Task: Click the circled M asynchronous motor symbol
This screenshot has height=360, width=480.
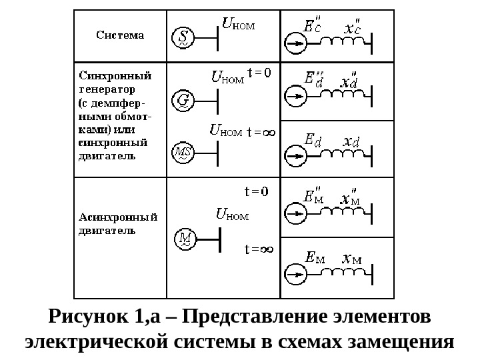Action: pos(183,239)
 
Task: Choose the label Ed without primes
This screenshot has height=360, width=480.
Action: pos(312,139)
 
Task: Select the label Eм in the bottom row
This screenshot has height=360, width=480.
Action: pos(314,257)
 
